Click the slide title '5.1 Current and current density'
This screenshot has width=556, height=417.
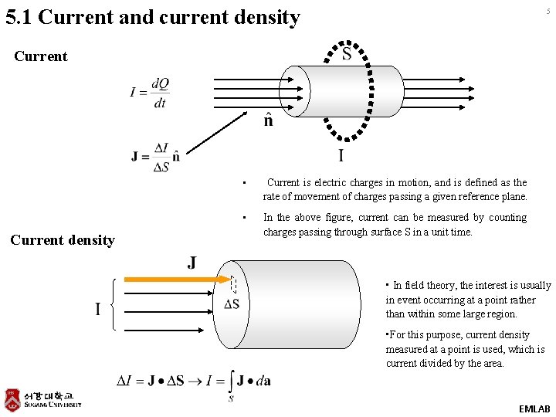(152, 17)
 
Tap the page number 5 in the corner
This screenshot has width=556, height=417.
(549, 11)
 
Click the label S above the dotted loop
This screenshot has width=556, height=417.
(347, 54)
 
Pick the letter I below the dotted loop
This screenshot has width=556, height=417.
(341, 156)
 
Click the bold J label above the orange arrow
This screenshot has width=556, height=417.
(191, 263)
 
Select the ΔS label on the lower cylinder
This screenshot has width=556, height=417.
(232, 303)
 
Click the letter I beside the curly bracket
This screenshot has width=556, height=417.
(97, 309)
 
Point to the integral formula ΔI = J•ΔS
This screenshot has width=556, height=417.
(193, 381)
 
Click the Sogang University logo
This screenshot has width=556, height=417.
(43, 398)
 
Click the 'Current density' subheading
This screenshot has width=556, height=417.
(62, 240)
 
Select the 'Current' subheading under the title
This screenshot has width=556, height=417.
(40, 56)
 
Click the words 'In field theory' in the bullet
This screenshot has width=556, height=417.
(425, 286)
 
